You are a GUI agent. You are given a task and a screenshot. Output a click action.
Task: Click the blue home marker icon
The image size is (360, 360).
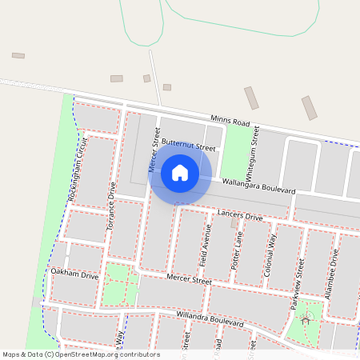[180, 173]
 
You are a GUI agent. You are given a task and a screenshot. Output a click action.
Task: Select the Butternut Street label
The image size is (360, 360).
[189, 144]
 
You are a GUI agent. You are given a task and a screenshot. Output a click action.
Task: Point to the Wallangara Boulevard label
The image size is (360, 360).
[259, 186]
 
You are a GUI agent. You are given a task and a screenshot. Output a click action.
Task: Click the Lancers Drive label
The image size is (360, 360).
[240, 216]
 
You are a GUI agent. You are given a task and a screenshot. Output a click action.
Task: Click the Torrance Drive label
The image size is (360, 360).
[112, 210]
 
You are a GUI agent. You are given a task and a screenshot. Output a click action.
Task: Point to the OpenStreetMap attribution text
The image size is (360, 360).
[80, 354]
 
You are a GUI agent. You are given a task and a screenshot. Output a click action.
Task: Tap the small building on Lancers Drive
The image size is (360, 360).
[234, 223]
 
